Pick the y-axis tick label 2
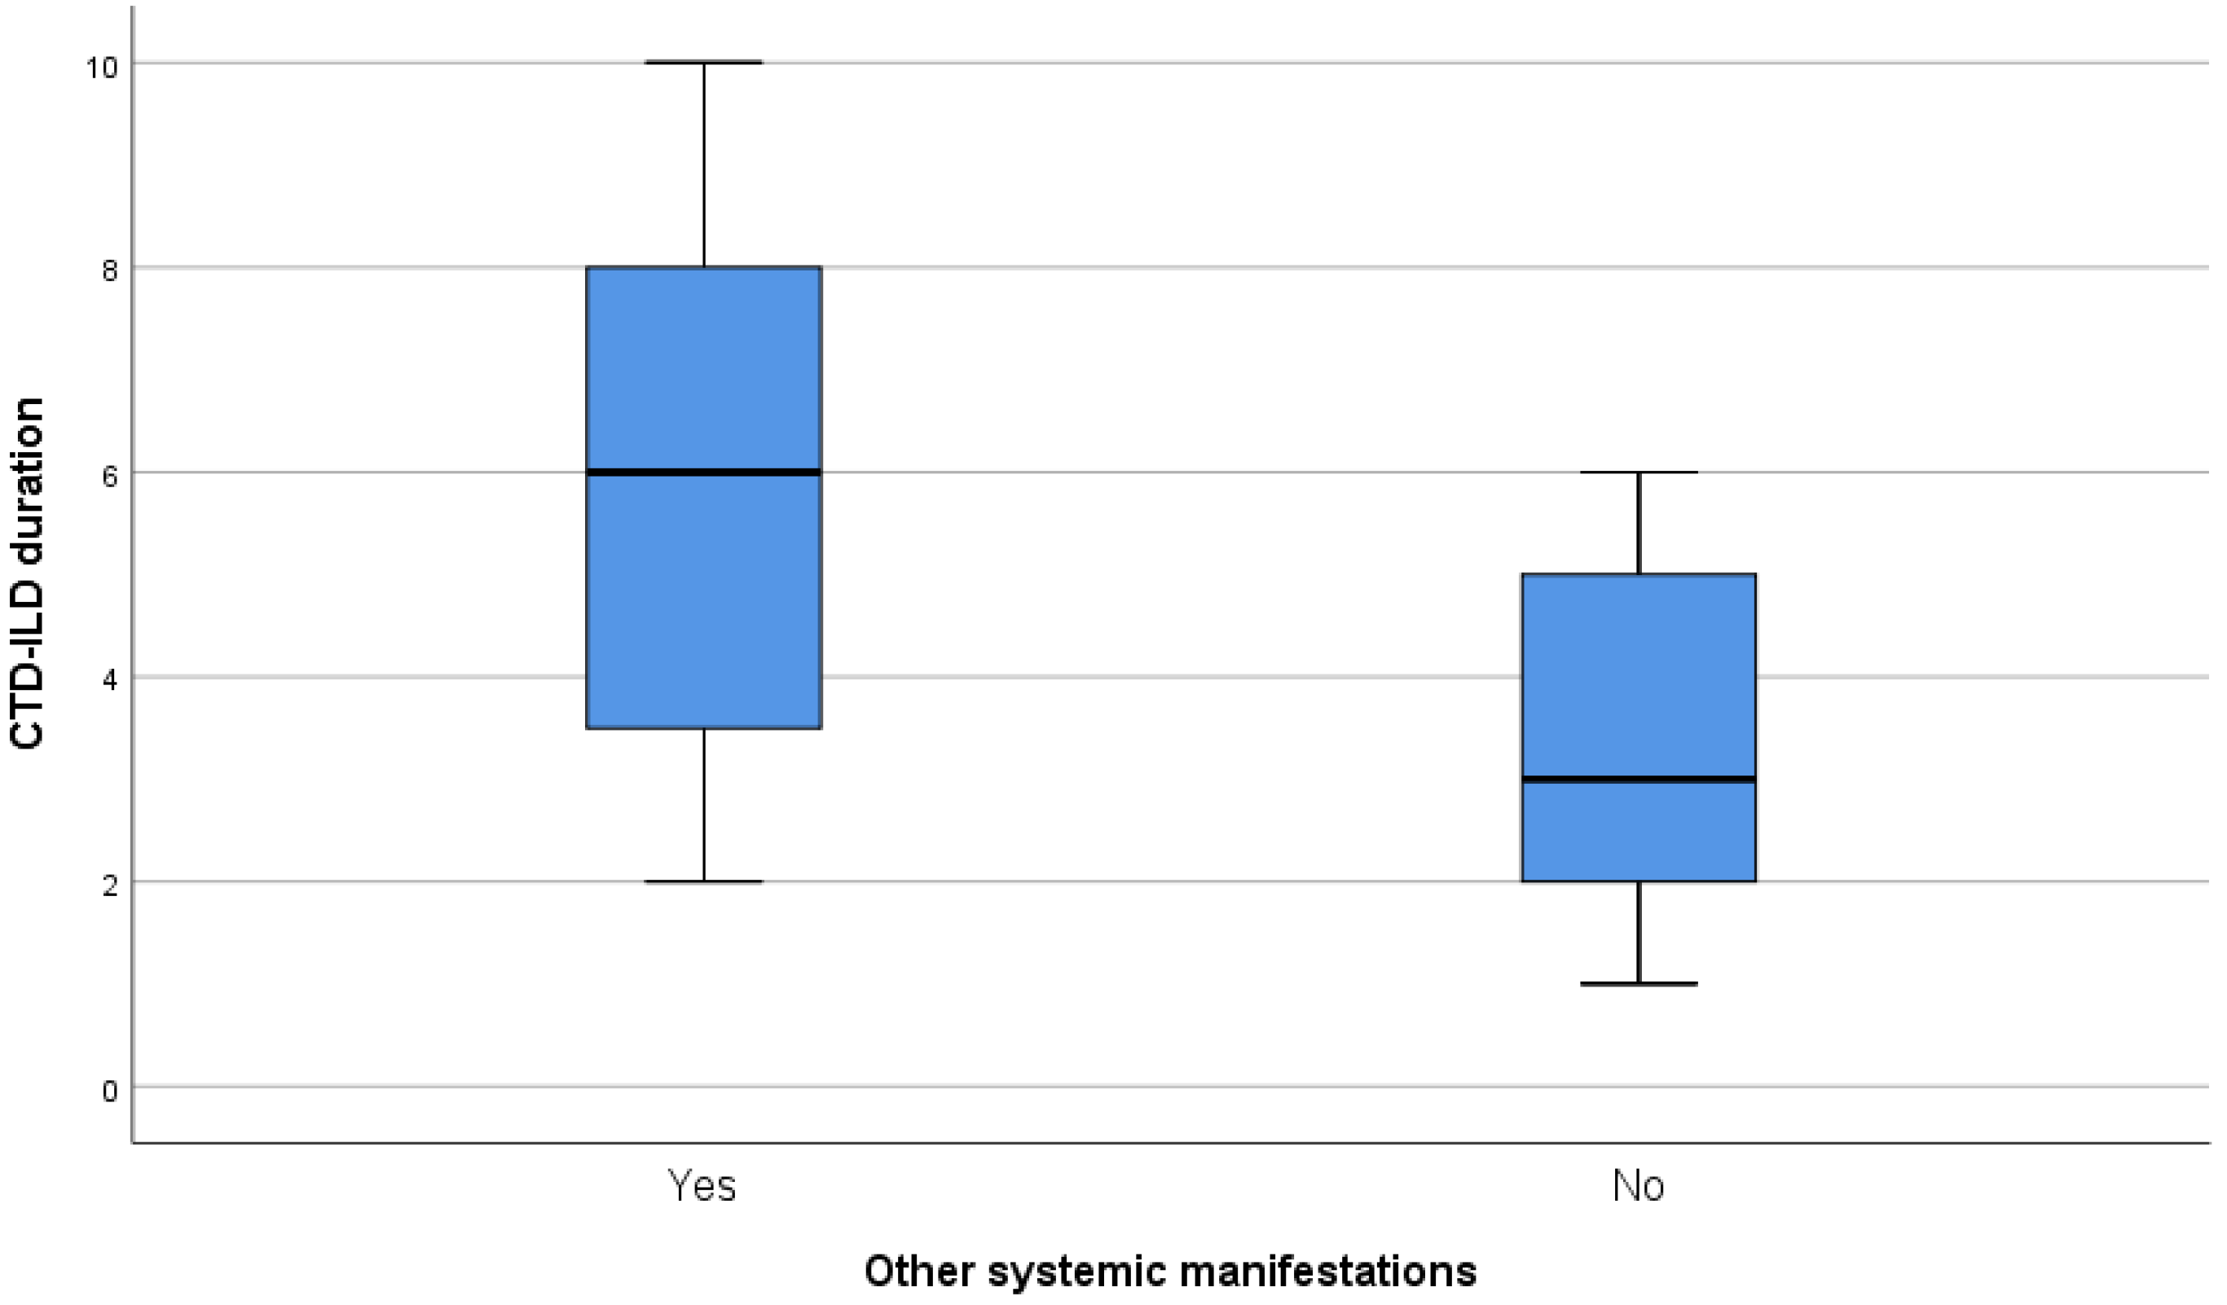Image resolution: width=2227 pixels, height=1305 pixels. pyautogui.click(x=109, y=886)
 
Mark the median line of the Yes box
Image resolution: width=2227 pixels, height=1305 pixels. pyautogui.click(x=704, y=472)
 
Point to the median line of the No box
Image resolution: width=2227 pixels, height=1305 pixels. pyautogui.click(x=1639, y=780)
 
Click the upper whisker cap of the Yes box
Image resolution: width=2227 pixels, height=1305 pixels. pyautogui.click(x=704, y=63)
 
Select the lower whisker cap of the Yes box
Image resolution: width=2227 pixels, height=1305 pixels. pyautogui.click(x=704, y=881)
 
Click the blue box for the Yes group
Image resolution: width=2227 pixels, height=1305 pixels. pyautogui.click(x=704, y=601)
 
